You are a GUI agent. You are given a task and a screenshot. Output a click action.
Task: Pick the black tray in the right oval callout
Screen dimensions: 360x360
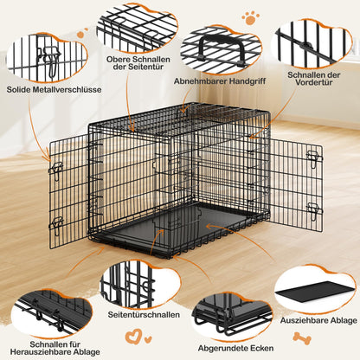click(315, 286)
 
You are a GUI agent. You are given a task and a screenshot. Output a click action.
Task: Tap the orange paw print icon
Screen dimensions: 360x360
click(251, 16)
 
